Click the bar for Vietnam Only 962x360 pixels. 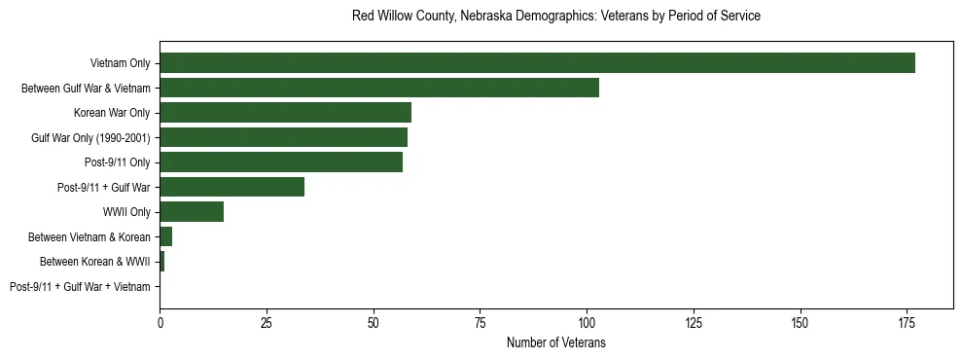click(x=537, y=63)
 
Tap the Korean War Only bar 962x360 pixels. click(x=285, y=113)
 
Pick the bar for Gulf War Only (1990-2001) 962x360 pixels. click(x=283, y=137)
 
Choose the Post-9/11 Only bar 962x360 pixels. click(x=281, y=162)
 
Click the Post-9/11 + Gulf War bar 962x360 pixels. click(x=232, y=187)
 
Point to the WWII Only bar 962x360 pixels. click(x=192, y=212)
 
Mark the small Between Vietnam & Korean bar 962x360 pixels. click(x=165, y=236)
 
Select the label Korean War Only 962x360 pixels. click(x=112, y=113)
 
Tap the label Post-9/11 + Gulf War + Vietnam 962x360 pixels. click(x=80, y=287)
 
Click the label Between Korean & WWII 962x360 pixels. click(x=94, y=262)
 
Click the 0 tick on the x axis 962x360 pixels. click(x=160, y=322)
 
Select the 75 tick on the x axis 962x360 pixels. click(x=480, y=322)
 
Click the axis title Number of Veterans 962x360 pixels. click(x=555, y=342)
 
